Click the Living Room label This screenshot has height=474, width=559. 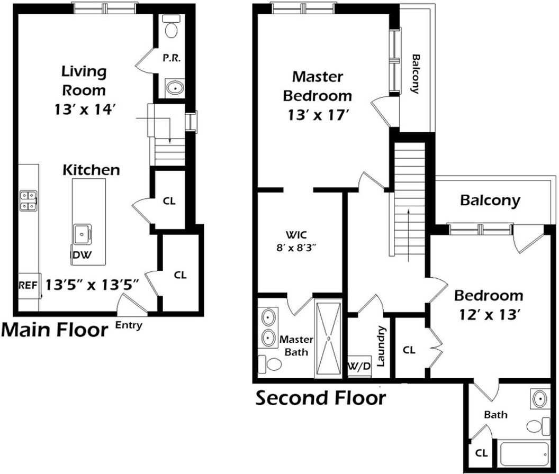click(x=84, y=81)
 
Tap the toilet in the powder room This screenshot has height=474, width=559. click(x=172, y=26)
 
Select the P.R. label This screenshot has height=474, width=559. click(x=172, y=58)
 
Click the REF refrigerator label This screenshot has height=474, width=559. click(x=28, y=286)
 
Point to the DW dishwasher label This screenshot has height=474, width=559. click(x=83, y=255)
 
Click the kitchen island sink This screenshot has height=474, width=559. click(x=82, y=234)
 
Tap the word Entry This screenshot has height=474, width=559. click(x=129, y=325)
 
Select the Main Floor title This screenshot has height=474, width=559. click(x=55, y=330)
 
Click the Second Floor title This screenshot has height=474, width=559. click(x=321, y=398)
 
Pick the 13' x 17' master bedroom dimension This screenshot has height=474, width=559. click(x=318, y=115)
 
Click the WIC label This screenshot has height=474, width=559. click(x=296, y=235)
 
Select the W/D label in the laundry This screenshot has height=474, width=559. click(x=359, y=366)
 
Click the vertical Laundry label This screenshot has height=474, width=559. click(x=381, y=346)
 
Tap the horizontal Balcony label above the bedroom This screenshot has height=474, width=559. click(x=490, y=200)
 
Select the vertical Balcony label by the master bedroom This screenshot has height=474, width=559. click(x=415, y=74)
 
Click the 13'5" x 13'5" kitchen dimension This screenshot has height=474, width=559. click(x=92, y=285)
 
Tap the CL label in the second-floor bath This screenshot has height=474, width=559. click(x=481, y=453)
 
